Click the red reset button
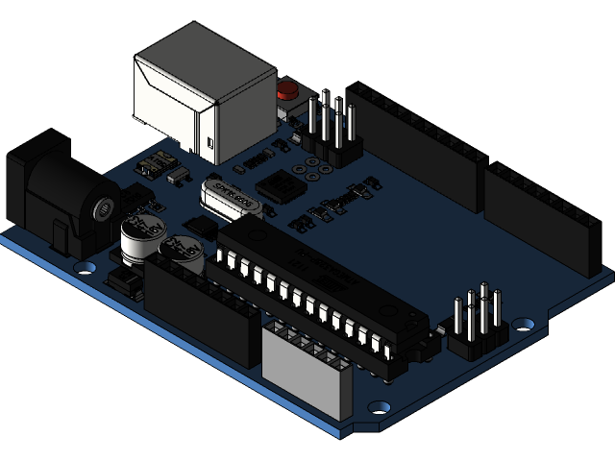pos(286,92)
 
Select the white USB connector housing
pos(204,91)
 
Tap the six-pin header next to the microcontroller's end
pos(477,322)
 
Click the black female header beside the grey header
pos(202,307)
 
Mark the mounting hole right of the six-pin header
pos(524,324)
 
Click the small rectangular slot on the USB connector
pos(210,144)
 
